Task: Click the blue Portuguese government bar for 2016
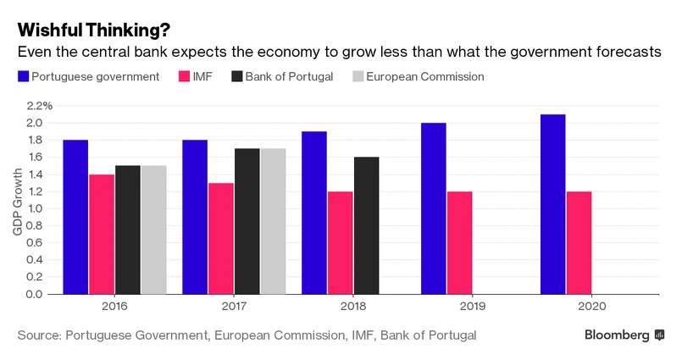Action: tap(75, 217)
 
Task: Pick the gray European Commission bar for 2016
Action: tap(153, 230)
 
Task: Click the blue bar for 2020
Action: tap(553, 204)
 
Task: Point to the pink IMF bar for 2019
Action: tap(460, 242)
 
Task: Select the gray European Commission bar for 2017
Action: tap(274, 221)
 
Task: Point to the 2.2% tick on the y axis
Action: tap(39, 106)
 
